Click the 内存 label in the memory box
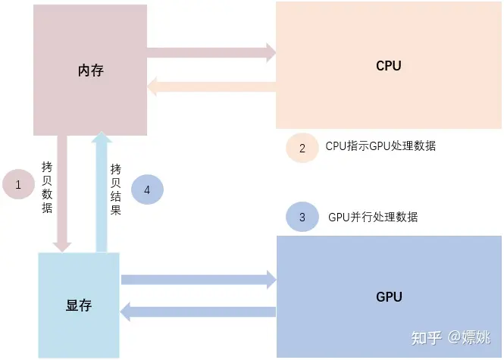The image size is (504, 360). (90, 70)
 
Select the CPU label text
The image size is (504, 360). (389, 66)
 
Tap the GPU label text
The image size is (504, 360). (389, 296)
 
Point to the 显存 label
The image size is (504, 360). (79, 305)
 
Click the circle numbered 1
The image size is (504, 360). (19, 184)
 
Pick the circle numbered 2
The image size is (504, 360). (302, 148)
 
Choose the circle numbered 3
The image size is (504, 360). (302, 218)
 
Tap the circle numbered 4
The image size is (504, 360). (147, 189)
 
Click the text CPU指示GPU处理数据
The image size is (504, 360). (380, 146)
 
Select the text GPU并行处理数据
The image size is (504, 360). (373, 217)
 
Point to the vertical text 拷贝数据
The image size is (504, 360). (47, 187)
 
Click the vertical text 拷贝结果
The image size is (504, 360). (115, 189)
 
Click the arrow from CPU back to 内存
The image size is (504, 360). (211, 87)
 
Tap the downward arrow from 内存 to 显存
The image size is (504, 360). (62, 193)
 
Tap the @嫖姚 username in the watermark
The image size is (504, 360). (471, 337)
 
